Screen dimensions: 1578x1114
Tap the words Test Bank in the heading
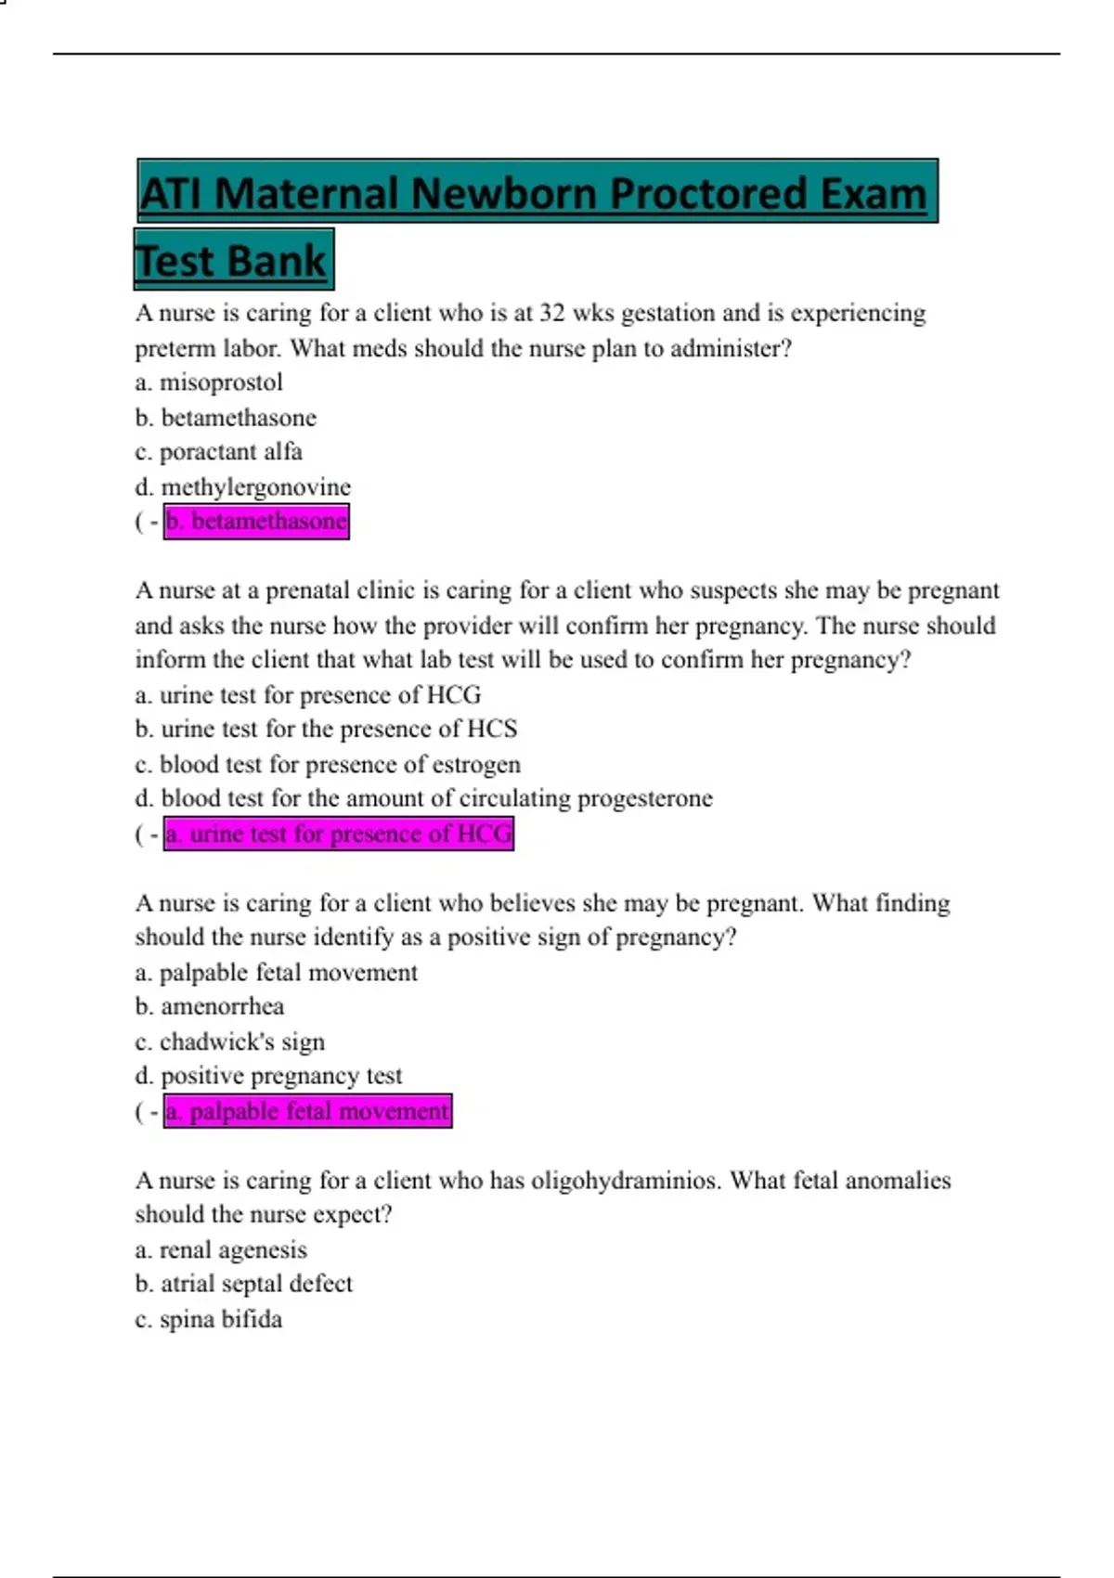[232, 261]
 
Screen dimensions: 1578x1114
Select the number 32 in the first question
[551, 313]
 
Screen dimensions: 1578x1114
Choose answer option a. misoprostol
[209, 382]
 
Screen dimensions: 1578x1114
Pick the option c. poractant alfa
[219, 452]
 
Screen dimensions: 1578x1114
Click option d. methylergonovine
[243, 486]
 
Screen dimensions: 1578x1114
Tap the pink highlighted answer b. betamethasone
[256, 522]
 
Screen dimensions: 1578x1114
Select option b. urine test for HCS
[326, 729]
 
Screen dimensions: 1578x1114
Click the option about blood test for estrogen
[328, 764]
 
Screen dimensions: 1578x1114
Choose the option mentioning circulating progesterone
[423, 798]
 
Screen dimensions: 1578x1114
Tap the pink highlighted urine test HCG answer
[338, 834]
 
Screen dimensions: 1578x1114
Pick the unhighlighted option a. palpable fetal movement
[277, 972]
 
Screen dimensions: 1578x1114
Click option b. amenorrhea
[210, 1006]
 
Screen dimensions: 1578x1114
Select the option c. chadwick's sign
[230, 1041]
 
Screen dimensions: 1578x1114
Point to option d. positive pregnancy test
[268, 1076]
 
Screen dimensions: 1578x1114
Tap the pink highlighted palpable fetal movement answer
[307, 1111]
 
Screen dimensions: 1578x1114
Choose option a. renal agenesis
[221, 1249]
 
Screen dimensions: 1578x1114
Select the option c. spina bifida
[209, 1319]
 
